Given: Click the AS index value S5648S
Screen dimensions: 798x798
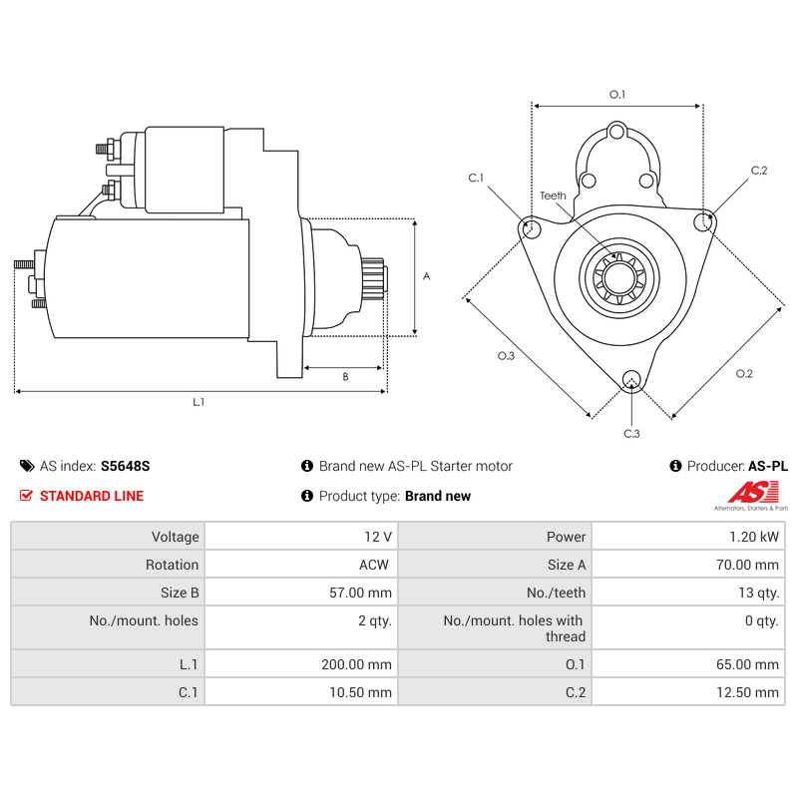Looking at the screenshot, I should click(x=125, y=466).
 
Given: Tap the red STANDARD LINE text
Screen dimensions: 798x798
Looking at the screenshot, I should click(x=92, y=496).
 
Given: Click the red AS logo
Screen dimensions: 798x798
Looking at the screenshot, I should click(x=749, y=492).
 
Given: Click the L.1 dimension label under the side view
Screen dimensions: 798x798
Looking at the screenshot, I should click(x=199, y=402).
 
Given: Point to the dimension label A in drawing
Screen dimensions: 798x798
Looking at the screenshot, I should click(x=426, y=276).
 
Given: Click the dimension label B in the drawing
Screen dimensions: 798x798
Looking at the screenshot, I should click(x=345, y=377).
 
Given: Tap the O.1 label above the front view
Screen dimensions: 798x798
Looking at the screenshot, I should click(x=617, y=95).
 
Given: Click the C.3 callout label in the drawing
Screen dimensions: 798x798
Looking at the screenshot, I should click(x=631, y=434).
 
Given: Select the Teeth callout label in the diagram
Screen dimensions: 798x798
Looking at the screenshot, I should click(x=553, y=196).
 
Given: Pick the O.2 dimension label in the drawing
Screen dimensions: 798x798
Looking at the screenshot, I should click(x=744, y=374).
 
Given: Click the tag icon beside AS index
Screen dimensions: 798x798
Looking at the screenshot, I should click(x=27, y=466).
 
